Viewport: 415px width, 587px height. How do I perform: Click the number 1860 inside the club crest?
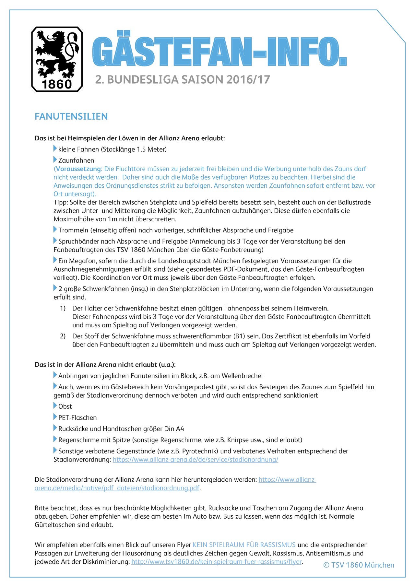(57, 84)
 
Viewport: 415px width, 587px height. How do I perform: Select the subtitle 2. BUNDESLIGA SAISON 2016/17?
(182, 80)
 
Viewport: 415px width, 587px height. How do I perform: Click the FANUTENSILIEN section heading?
(71, 116)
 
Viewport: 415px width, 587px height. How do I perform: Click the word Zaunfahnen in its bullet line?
(76, 160)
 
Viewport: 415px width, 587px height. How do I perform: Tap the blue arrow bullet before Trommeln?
(55, 229)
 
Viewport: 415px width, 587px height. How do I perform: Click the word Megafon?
(79, 261)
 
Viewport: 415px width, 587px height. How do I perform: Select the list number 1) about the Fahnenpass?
(63, 308)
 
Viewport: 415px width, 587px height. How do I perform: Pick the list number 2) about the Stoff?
(63, 336)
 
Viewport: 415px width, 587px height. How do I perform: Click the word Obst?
(65, 406)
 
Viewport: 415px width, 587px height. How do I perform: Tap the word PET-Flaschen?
(77, 418)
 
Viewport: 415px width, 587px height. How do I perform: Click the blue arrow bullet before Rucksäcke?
(55, 428)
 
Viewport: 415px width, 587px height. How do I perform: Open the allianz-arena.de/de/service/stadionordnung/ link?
(195, 460)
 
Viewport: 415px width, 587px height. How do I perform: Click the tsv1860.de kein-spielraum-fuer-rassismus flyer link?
(216, 562)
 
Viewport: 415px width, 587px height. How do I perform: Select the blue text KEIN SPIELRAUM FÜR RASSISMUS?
(244, 545)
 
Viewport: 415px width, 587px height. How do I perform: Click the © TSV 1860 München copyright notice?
(359, 565)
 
